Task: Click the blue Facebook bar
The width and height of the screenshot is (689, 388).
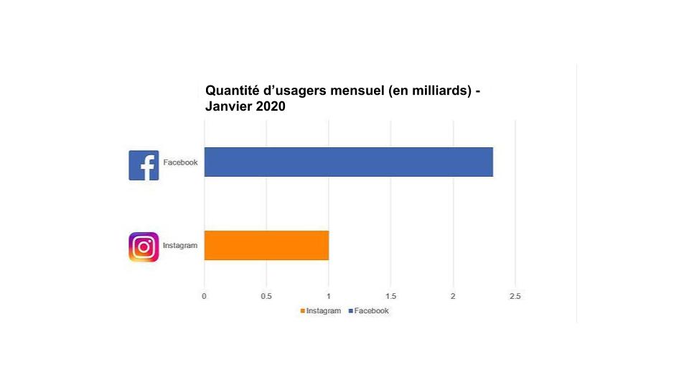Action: pos(348,162)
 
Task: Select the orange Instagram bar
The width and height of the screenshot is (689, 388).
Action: pos(266,245)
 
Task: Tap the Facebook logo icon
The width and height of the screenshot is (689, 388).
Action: pos(144,165)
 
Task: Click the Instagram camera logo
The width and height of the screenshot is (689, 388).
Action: pos(144,247)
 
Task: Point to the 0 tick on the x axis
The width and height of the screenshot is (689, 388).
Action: pos(204,296)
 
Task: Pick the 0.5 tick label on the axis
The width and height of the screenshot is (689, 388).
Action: pos(266,296)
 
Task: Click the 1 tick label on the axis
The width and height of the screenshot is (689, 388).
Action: pos(329,296)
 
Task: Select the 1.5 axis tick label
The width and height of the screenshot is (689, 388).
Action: pos(390,296)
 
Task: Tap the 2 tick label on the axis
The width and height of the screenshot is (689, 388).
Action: pos(453,296)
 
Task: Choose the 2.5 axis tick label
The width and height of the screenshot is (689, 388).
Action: pos(515,296)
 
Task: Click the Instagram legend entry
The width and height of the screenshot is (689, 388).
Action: pos(321,311)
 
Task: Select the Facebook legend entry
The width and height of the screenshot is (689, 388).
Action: pos(369,311)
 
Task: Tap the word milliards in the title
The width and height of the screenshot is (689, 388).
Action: pos(438,91)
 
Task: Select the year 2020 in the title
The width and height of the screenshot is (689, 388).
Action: pos(271,107)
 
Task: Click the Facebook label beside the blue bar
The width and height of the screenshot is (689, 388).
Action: pos(180,162)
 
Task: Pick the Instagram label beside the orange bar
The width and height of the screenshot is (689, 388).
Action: pos(180,246)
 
